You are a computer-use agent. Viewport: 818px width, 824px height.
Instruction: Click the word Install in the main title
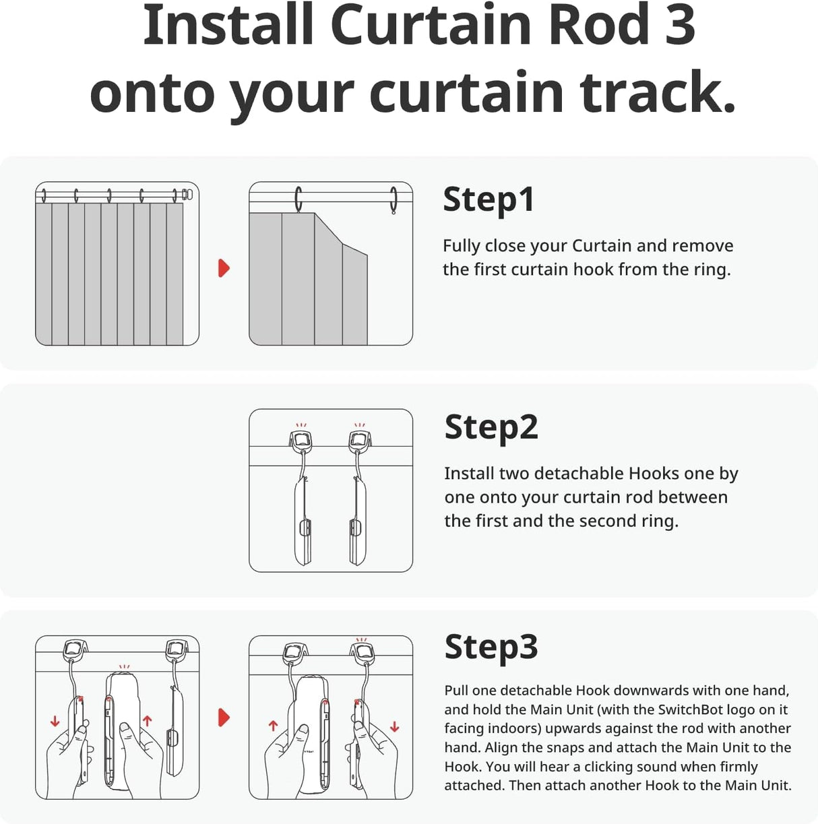[x=229, y=26]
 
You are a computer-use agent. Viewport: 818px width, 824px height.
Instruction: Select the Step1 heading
[x=489, y=200]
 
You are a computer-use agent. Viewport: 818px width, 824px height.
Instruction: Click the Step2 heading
[x=491, y=427]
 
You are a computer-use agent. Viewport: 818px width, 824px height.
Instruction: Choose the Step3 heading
[x=491, y=647]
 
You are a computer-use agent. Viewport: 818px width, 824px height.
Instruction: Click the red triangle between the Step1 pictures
[x=224, y=268]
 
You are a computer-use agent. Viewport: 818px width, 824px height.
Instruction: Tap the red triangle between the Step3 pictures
[x=224, y=718]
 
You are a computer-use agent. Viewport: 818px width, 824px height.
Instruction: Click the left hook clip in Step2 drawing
[x=301, y=441]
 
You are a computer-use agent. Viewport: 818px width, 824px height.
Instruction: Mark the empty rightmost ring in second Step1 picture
[x=394, y=200]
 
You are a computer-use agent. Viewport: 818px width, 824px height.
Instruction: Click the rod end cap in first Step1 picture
[x=187, y=195]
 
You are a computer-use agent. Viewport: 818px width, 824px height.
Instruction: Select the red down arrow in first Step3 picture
[x=55, y=722]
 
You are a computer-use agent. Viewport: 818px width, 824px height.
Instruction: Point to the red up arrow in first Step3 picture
[x=147, y=721]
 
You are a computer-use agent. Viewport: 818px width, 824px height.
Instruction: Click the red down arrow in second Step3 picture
[x=394, y=727]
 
